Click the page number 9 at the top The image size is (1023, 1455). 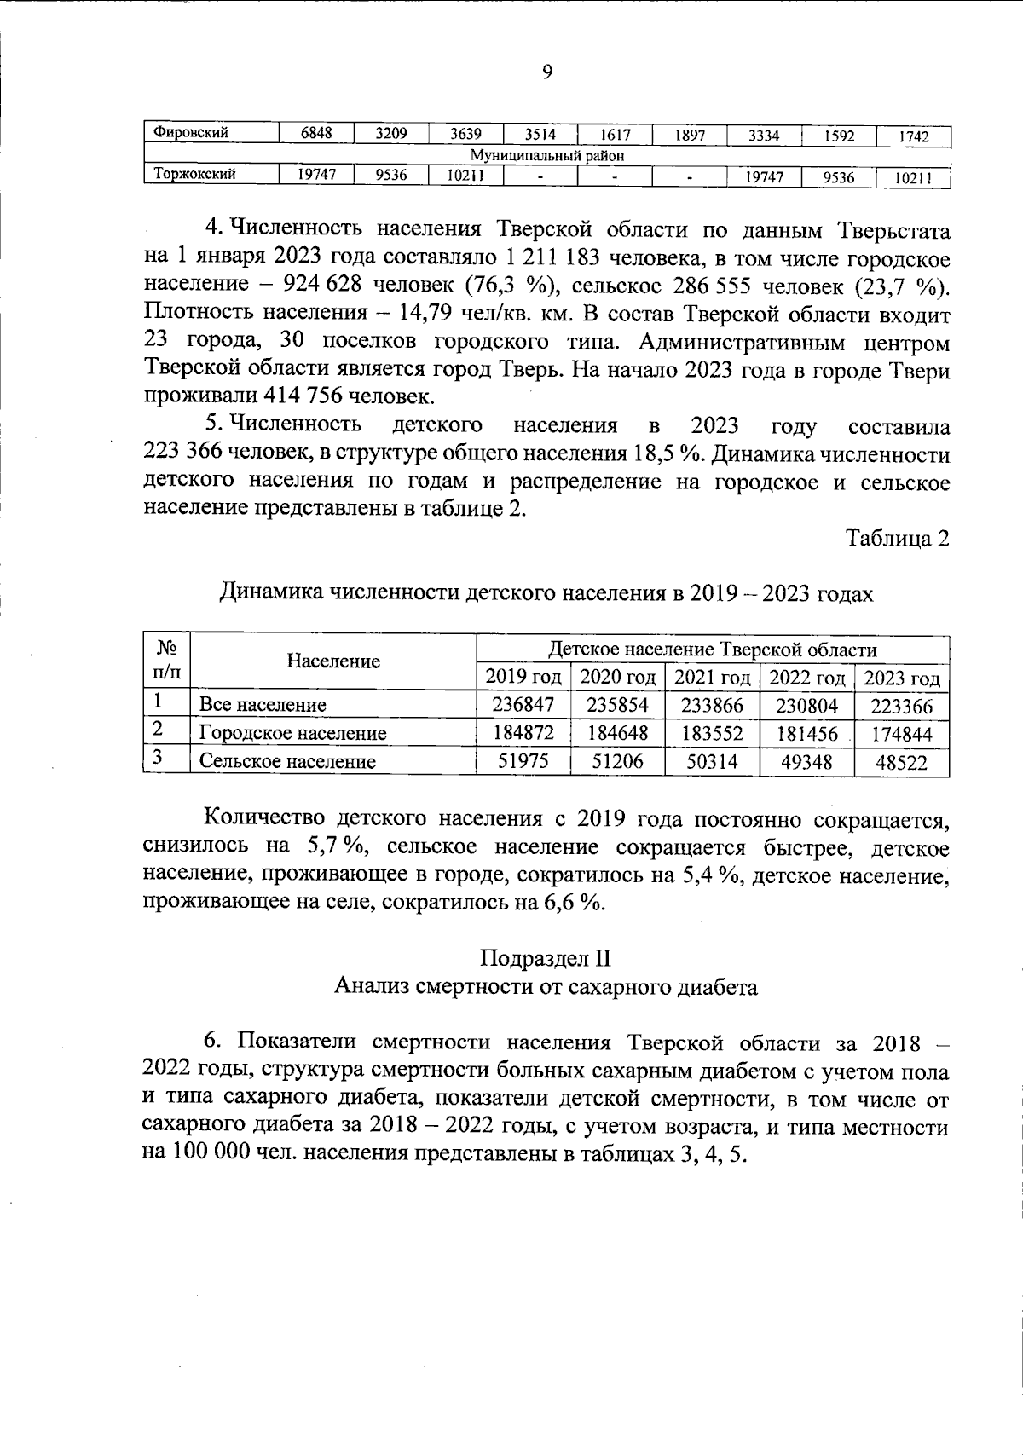547,72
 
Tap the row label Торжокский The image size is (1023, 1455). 194,175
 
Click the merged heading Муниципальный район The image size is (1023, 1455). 547,155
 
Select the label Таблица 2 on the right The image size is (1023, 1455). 897,539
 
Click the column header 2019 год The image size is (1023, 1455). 523,678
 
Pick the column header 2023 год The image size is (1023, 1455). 902,679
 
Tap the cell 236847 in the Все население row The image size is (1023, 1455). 523,705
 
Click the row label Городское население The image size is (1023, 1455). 292,733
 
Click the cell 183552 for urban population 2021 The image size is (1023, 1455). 712,734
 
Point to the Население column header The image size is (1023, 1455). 333,661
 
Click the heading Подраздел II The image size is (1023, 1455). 546,958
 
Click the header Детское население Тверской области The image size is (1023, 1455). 712,650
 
